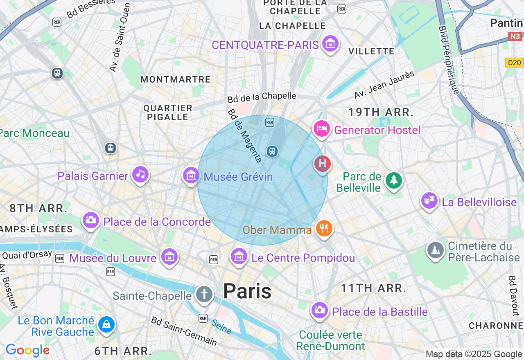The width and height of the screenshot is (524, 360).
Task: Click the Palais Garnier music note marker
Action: pos(140,175)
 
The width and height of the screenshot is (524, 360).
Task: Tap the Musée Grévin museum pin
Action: pos(191,175)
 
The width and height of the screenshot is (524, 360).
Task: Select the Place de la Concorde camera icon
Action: pos(90,220)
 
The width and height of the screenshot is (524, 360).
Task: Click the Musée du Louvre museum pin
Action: pos(169,257)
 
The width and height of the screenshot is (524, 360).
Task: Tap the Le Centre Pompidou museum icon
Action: pos(239,256)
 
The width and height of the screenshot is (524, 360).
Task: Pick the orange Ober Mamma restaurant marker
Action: pos(324,228)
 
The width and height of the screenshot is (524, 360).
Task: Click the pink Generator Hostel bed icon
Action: pos(322,129)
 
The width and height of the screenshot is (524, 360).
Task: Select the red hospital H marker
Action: pos(323,164)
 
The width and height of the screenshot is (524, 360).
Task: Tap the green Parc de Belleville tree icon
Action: pos(393,180)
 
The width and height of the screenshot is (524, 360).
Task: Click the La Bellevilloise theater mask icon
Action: pos(429,200)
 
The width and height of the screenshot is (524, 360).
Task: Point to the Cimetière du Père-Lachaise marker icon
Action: pos(436,250)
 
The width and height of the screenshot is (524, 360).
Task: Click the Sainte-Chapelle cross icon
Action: pos(204,294)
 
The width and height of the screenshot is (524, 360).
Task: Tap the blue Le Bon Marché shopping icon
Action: pos(106,325)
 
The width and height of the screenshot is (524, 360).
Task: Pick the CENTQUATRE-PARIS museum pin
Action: pos(330,43)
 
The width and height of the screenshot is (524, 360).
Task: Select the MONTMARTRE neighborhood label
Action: pos(176,79)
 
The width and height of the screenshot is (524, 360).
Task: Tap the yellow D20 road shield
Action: pos(514,63)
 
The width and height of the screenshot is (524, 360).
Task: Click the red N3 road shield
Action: pos(515,37)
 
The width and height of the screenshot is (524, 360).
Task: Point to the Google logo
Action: pos(27,351)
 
